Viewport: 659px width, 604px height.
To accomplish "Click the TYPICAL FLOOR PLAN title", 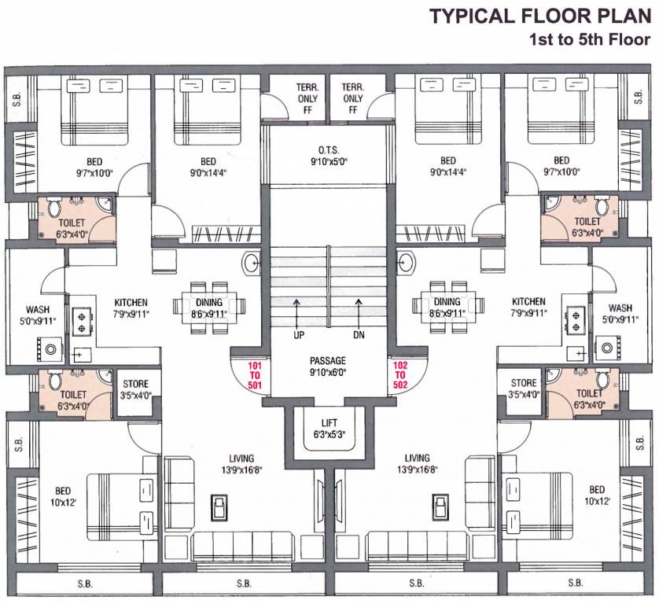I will coord(538,16).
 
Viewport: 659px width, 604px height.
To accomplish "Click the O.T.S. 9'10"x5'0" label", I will coord(328,156).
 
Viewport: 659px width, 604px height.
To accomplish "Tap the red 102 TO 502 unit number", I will coord(402,376).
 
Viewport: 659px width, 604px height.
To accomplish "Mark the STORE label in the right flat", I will coord(523,389).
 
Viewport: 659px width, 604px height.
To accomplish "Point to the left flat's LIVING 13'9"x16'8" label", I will coord(241,463).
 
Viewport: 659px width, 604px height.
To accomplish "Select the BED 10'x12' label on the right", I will coord(597,494).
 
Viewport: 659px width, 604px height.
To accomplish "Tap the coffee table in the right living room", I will coord(438,507).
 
